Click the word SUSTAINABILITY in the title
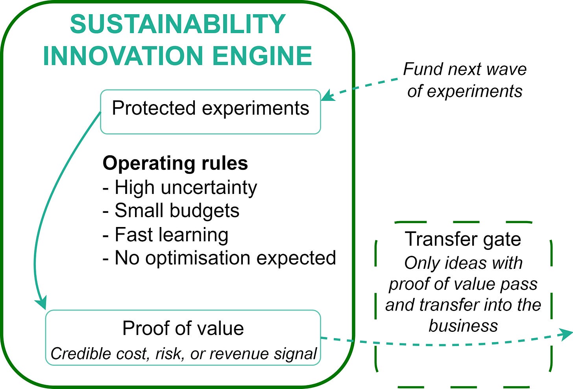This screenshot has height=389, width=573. [x=177, y=24]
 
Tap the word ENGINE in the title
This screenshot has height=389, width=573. [x=262, y=56]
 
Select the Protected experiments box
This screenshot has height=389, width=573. [x=211, y=112]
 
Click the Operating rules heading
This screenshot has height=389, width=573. [x=175, y=163]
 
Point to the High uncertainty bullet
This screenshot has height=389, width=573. [x=179, y=187]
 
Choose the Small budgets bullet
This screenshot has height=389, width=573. [x=171, y=210]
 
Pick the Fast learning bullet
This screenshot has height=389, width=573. [x=165, y=235]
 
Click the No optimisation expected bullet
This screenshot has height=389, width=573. [x=219, y=258]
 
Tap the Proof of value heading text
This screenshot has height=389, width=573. [x=183, y=328]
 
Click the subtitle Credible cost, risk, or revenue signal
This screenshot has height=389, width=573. [x=183, y=354]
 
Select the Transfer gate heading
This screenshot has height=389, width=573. [x=463, y=239]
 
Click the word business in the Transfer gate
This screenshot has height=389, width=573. [x=463, y=326]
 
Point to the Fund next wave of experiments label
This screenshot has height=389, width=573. [x=465, y=80]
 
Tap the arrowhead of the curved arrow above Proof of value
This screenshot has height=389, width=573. [x=41, y=303]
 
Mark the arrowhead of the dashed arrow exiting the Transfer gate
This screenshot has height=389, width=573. [x=567, y=334]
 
